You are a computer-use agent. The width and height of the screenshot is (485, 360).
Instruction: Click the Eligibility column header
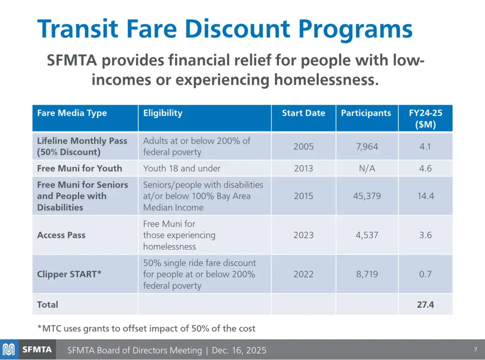click(x=163, y=113)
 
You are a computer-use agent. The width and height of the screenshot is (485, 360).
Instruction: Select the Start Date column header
click(x=304, y=113)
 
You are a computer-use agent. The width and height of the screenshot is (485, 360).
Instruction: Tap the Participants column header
click(x=366, y=113)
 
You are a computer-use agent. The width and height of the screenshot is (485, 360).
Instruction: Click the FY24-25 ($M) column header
click(x=425, y=119)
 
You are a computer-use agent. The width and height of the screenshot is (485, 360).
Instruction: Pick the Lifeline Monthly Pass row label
click(x=82, y=146)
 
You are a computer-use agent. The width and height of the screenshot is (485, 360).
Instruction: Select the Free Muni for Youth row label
click(x=79, y=168)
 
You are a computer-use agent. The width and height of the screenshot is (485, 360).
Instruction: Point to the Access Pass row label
click(x=61, y=235)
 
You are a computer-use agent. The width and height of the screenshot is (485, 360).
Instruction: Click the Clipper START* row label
click(x=69, y=274)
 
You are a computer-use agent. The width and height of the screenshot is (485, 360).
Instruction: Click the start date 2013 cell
click(x=304, y=168)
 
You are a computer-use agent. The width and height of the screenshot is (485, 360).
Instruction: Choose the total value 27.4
click(x=425, y=305)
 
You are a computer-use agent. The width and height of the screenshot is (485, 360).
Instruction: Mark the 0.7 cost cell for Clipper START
click(x=425, y=274)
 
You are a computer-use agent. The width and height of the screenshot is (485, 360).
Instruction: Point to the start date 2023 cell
click(x=304, y=235)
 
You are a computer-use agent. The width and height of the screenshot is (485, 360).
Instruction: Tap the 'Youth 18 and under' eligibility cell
click(x=181, y=168)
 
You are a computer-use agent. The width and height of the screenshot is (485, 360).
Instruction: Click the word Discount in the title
click(x=226, y=29)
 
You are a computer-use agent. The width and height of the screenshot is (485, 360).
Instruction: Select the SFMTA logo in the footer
click(x=27, y=349)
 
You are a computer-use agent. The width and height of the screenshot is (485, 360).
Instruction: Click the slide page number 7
click(x=475, y=349)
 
